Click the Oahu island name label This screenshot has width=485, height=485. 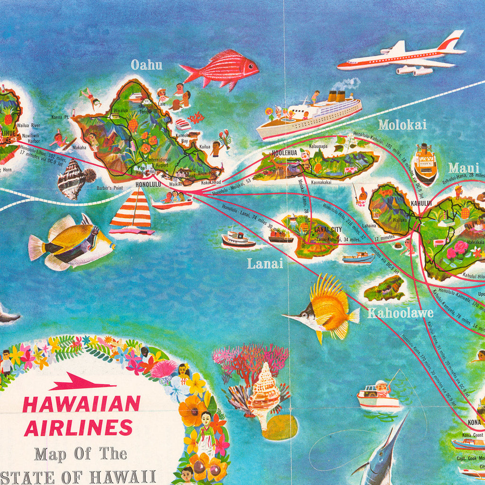tap(146, 65)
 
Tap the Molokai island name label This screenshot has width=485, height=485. tap(402, 125)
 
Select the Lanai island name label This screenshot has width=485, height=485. tap(265, 263)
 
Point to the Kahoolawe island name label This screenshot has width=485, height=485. tap(400, 313)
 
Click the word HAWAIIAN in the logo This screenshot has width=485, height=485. tap(81, 404)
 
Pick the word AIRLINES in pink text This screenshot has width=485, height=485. tap(78, 428)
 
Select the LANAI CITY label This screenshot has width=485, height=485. tap(328, 230)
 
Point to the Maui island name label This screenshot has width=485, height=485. tap(464, 168)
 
